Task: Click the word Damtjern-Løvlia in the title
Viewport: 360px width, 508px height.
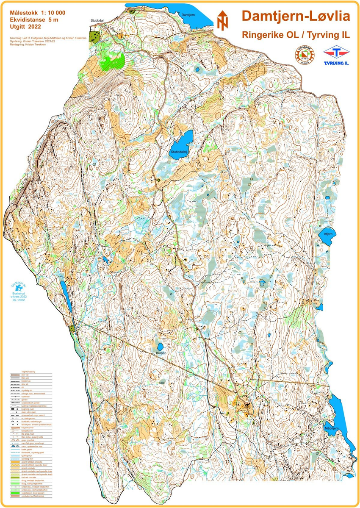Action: pos(296,17)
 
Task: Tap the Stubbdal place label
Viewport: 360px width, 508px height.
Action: pos(97,20)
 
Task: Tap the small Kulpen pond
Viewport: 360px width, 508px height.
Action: pos(160,346)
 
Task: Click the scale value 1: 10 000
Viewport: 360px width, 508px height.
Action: pos(50,12)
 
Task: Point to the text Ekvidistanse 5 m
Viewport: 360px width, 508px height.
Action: pos(34,19)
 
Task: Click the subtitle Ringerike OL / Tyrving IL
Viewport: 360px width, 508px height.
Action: pos(296,35)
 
